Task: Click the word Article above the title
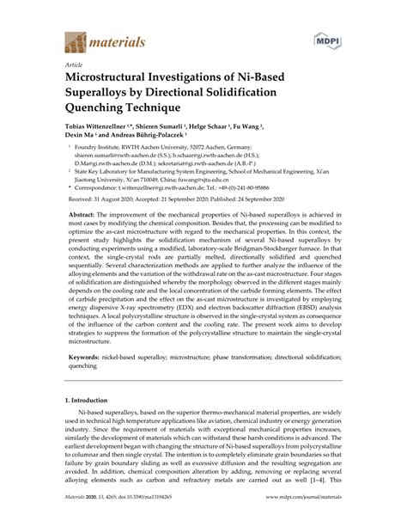[74, 64]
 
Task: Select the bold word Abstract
[87, 213]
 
